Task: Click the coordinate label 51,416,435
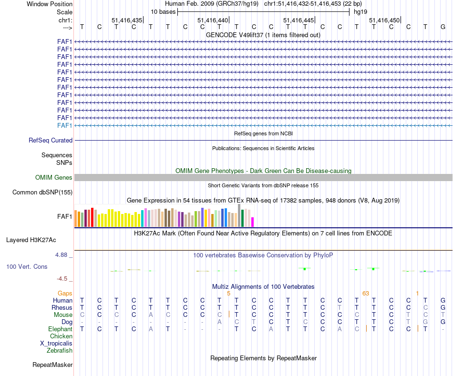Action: [x=127, y=20]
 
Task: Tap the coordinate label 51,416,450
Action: [x=384, y=20]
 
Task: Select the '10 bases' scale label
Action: [x=163, y=11]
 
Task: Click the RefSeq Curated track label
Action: [x=51, y=141]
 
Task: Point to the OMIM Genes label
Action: [x=54, y=178]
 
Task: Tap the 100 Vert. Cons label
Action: [x=27, y=266]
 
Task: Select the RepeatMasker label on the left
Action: [x=52, y=365]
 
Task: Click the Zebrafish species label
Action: [x=60, y=351]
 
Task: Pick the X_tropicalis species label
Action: [x=56, y=344]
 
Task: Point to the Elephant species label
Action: [x=60, y=329]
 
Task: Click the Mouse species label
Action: [x=63, y=315]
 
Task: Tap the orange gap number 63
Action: [x=366, y=294]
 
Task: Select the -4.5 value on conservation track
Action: [x=63, y=279]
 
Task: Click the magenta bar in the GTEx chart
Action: [x=253, y=222]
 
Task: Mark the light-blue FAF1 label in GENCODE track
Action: [x=64, y=125]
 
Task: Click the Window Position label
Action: [x=50, y=4]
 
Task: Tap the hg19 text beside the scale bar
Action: [x=360, y=11]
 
